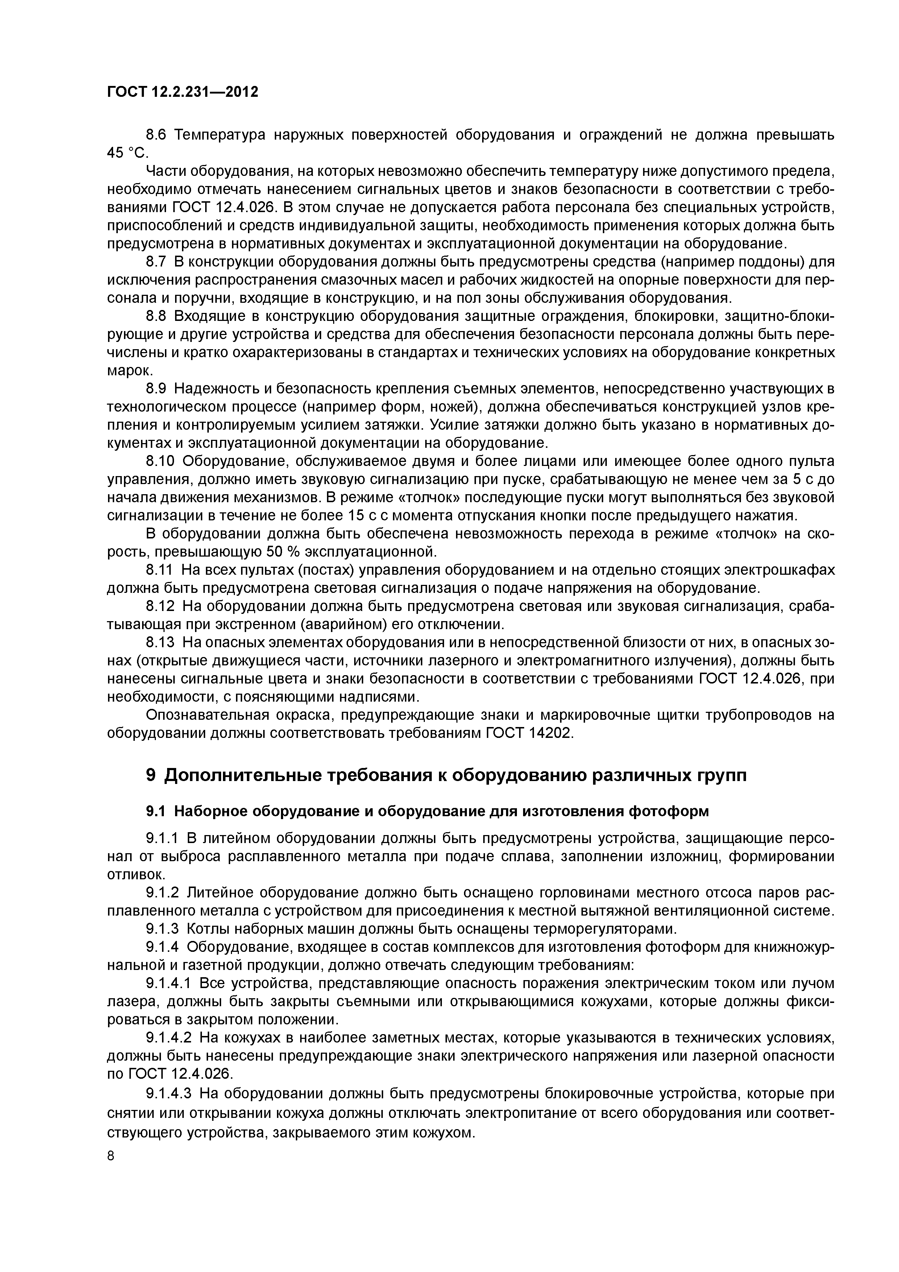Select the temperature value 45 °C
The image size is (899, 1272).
pos(125,153)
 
